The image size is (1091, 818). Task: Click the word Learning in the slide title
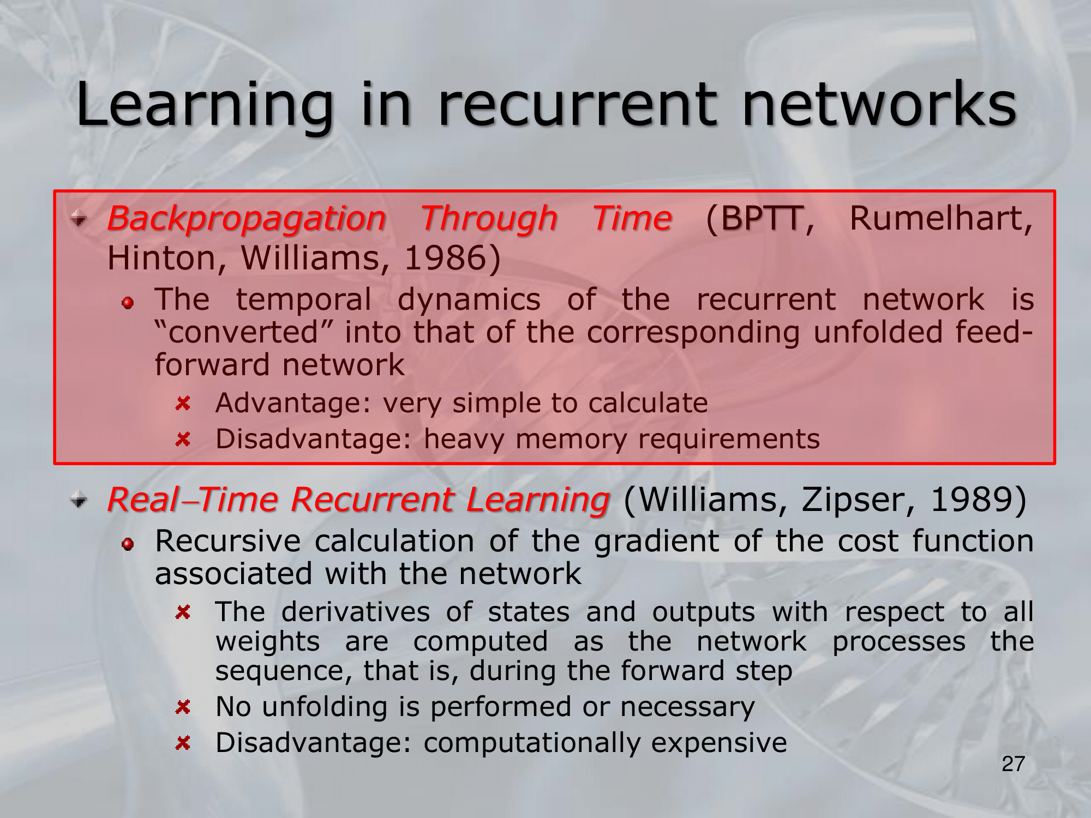[205, 106]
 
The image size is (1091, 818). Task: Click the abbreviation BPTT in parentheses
[760, 219]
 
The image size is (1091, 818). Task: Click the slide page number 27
[1013, 764]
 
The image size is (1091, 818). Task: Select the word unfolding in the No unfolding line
[325, 708]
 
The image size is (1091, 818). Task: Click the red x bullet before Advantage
[183, 404]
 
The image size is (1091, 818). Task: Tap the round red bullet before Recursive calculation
[128, 544]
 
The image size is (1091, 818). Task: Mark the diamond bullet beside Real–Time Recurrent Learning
[79, 499]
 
